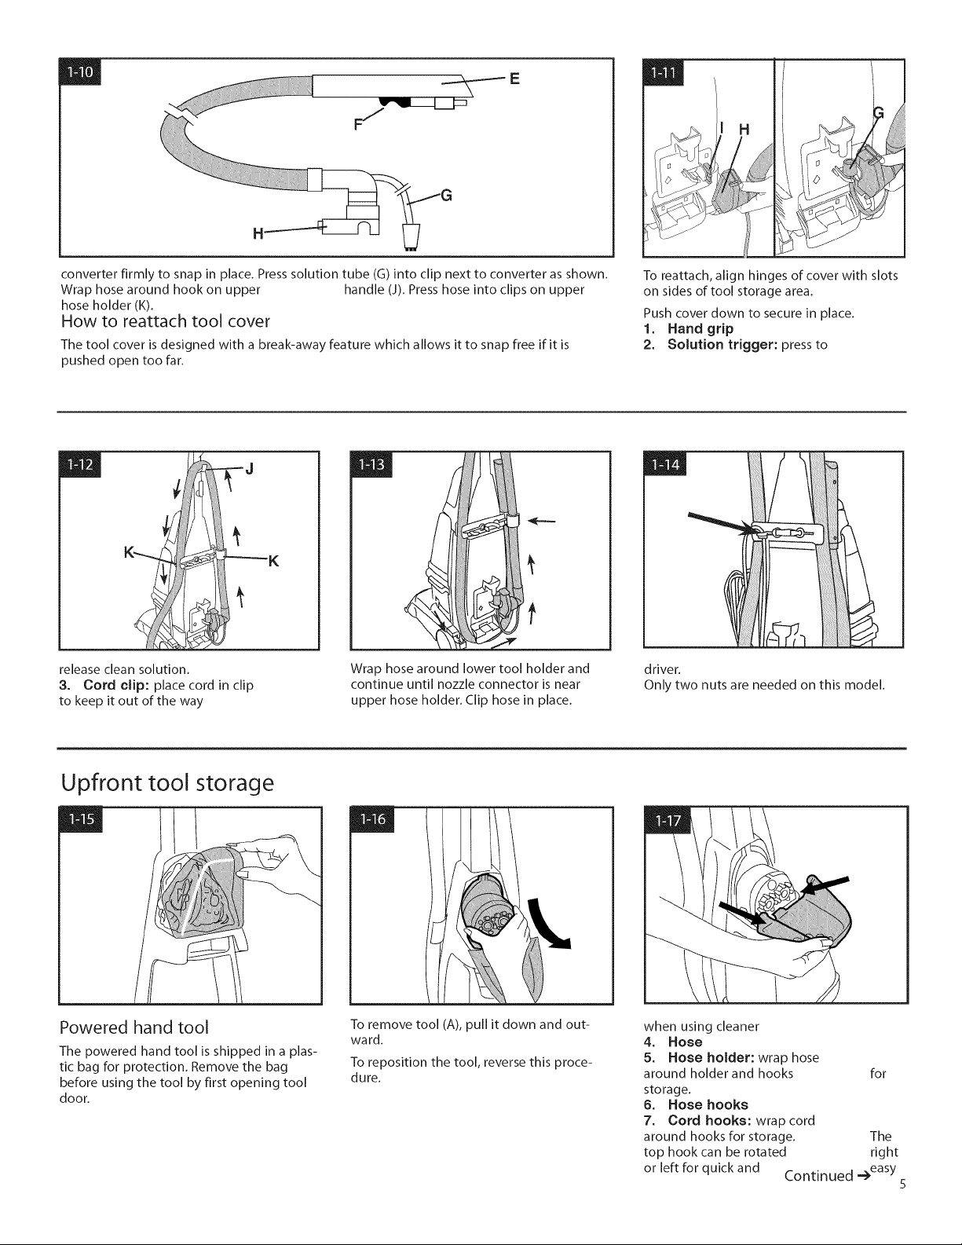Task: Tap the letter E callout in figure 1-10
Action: pyautogui.click(x=514, y=79)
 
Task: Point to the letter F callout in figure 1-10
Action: pyautogui.click(x=358, y=124)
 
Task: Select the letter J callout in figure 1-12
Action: pyautogui.click(x=249, y=469)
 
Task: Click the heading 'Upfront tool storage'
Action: pyautogui.click(x=167, y=782)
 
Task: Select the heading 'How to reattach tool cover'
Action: pyautogui.click(x=166, y=320)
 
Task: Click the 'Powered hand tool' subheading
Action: pyautogui.click(x=134, y=1027)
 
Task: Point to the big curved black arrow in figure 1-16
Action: pyautogui.click(x=548, y=925)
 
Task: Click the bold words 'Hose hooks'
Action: pyautogui.click(x=708, y=1104)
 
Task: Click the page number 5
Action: pyautogui.click(x=902, y=1185)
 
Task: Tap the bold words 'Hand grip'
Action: pyautogui.click(x=700, y=329)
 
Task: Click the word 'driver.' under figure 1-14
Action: pyautogui.click(x=663, y=669)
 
